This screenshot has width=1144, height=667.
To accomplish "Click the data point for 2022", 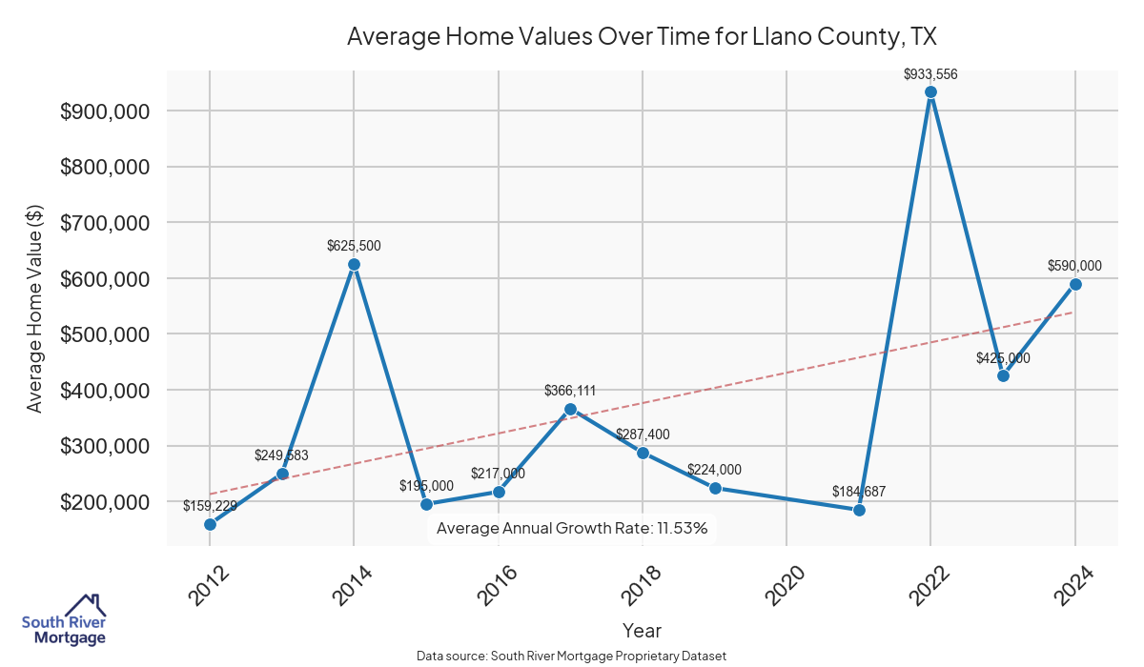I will click(930, 92).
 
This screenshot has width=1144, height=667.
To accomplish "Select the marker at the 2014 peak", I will click(354, 265).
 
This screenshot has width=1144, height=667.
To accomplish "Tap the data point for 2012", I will click(210, 524).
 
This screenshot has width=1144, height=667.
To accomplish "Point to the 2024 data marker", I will click(1075, 284).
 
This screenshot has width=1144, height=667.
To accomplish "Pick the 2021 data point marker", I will click(859, 510).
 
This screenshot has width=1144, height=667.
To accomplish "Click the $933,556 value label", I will click(930, 73).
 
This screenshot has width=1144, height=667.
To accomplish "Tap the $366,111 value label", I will click(570, 391).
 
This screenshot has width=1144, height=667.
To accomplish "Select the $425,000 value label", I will click(1003, 358).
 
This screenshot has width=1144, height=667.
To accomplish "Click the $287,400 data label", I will click(643, 435).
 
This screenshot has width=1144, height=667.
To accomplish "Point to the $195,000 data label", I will click(426, 486).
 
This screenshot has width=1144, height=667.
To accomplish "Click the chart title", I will click(643, 37).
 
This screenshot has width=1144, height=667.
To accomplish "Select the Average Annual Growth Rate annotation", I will click(572, 528).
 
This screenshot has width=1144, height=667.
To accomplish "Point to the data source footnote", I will click(572, 656).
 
